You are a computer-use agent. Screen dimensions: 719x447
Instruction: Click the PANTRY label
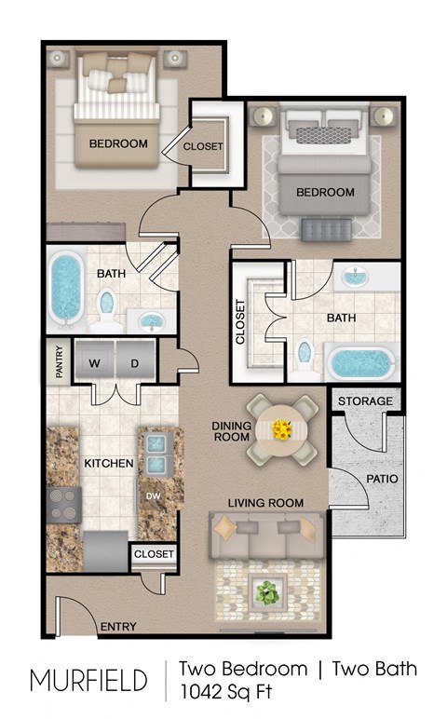pos(57,362)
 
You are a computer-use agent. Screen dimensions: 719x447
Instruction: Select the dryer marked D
pos(134,363)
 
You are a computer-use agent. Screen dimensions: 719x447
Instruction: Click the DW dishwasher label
pos(153,496)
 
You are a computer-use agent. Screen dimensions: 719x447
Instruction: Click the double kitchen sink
pos(154,451)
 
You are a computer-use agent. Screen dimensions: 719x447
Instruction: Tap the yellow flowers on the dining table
pos(282,430)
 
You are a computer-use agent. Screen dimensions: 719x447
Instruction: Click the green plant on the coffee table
pos(268,590)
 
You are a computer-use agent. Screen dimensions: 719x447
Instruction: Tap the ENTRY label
pos(119,626)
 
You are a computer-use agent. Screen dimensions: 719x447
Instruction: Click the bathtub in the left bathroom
pos(65,288)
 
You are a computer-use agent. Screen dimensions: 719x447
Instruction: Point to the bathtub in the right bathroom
pos(361,363)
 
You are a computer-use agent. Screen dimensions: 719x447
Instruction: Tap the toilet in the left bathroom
pos(107,307)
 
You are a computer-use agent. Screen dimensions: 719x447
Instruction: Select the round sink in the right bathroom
pos(355,277)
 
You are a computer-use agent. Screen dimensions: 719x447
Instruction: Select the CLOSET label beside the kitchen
pos(154,554)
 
